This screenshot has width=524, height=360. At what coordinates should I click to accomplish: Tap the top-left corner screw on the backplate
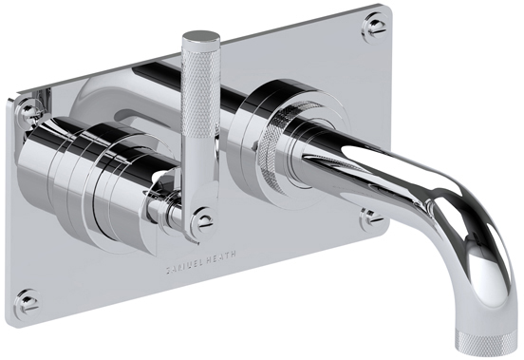point(29,112)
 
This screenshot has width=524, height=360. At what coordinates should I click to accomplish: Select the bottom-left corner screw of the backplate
point(28,302)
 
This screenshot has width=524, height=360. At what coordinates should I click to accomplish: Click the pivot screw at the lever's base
point(203,220)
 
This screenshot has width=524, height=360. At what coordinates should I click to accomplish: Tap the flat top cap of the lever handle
point(201,35)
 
